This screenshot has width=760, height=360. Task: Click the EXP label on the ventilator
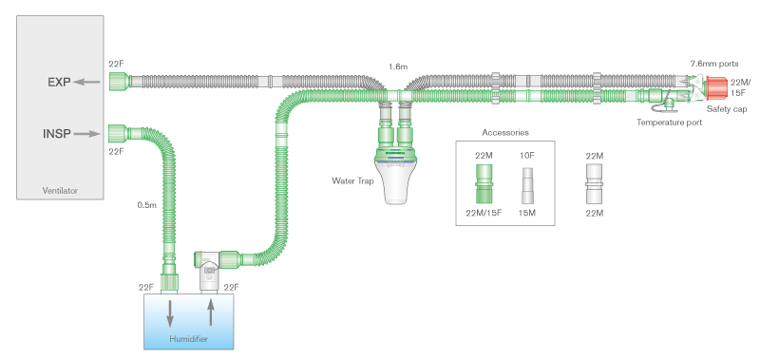(x=60, y=82)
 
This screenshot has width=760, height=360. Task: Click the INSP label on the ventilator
(x=60, y=133)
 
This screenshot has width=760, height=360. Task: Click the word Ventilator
(x=60, y=191)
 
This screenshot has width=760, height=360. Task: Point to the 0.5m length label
(x=146, y=204)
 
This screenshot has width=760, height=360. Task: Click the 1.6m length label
(x=398, y=67)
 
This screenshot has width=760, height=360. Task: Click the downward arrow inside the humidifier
(x=172, y=312)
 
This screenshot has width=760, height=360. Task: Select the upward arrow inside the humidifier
(x=212, y=311)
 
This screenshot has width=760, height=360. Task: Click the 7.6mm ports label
(x=713, y=63)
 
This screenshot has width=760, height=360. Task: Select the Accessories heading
(x=505, y=132)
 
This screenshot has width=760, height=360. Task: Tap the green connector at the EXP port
(x=117, y=82)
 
